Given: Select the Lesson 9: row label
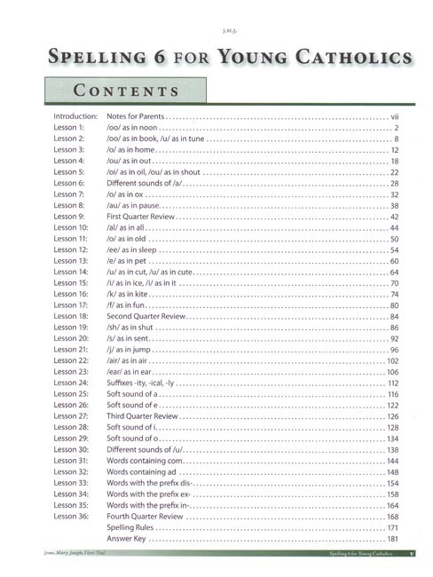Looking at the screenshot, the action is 69,217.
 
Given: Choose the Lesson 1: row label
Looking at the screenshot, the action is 69,130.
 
